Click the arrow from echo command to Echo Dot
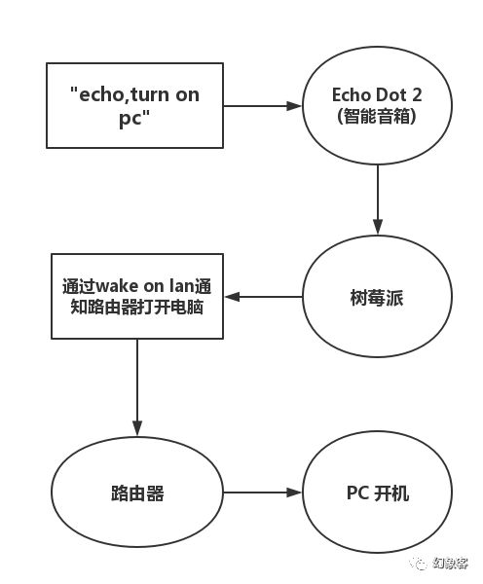point(262,106)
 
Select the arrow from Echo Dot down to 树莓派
point(378,200)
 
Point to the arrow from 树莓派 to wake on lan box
point(263,297)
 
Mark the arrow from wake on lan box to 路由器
point(137,387)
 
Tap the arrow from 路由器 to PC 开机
point(262,493)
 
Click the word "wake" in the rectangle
point(116,286)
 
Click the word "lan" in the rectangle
point(182,286)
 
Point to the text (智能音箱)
point(377,117)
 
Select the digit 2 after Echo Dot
point(417,94)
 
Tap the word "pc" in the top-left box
point(130,119)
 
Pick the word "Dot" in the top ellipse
point(390,94)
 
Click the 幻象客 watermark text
point(450,564)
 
